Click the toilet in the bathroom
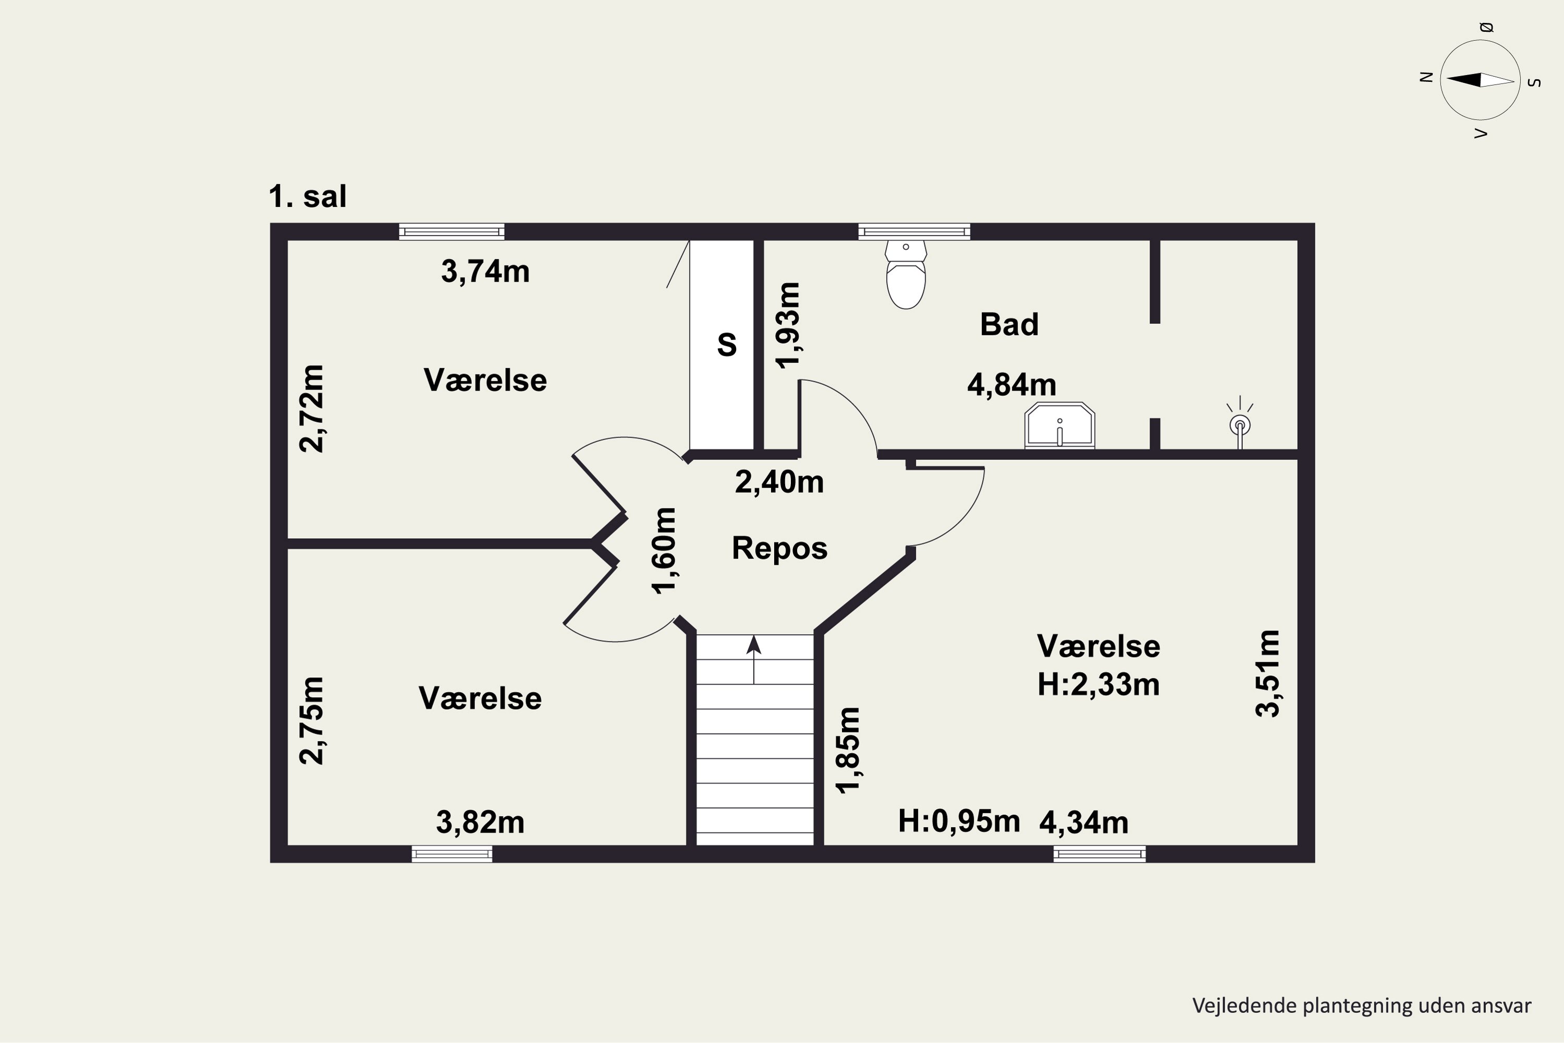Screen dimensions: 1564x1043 point(906,274)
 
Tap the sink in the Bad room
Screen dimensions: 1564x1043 point(1059,425)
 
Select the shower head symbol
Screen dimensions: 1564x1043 point(1240,423)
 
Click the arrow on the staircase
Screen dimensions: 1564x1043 point(753,659)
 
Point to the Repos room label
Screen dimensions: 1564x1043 point(779,548)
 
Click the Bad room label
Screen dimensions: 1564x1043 point(1009,324)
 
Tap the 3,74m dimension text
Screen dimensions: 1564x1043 point(485,271)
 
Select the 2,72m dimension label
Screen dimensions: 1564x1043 point(311,408)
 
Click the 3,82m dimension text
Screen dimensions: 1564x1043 point(480,822)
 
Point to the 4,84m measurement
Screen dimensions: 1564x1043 point(1011,384)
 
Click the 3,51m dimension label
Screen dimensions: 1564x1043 point(1267,673)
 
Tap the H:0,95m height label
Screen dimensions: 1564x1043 point(959,821)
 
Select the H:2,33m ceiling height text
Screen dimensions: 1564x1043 point(1098,684)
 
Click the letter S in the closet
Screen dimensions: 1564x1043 point(727,345)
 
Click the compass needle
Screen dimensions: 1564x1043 point(1480,80)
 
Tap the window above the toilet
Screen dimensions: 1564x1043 point(914,232)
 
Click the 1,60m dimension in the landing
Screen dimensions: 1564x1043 point(664,551)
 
